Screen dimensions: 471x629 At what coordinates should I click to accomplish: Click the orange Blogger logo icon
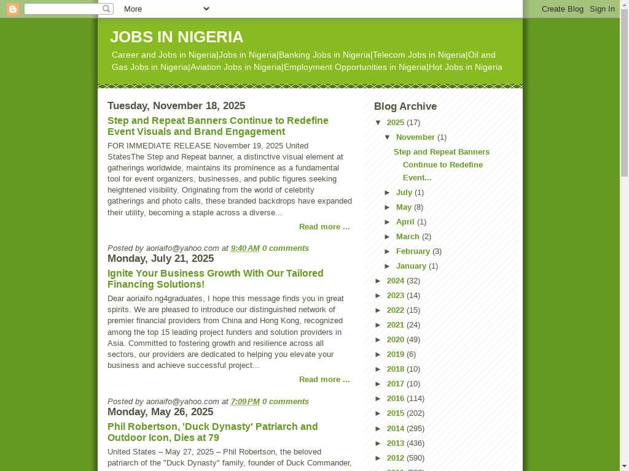(13, 9)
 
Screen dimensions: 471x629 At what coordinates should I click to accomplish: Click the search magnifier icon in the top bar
(107, 9)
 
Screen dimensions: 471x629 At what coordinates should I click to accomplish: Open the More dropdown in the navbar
(166, 9)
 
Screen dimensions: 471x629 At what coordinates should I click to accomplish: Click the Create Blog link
(562, 9)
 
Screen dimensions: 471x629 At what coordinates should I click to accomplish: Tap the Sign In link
(602, 9)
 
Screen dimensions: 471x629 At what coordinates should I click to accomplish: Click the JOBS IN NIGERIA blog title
(176, 37)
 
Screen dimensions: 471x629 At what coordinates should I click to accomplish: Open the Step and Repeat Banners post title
(217, 126)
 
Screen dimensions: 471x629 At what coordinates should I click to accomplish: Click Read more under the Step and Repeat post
(324, 227)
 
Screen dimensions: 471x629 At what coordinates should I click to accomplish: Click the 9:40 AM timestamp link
(245, 248)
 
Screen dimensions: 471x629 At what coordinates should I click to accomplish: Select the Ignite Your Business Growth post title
(215, 278)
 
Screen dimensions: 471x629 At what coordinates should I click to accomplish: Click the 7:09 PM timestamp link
(245, 401)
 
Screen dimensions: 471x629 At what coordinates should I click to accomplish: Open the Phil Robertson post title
(213, 432)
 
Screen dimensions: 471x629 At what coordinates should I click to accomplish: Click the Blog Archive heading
(405, 106)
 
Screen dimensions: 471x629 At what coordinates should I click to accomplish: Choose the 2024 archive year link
(396, 280)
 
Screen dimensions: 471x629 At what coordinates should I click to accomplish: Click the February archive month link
(413, 251)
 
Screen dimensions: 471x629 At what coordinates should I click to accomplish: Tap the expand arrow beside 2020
(379, 339)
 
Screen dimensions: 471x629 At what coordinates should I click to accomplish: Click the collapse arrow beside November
(388, 137)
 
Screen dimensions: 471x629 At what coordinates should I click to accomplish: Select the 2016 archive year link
(396, 398)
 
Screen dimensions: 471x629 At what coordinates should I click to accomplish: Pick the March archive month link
(408, 236)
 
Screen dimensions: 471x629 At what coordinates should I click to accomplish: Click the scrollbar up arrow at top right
(624, 13)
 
